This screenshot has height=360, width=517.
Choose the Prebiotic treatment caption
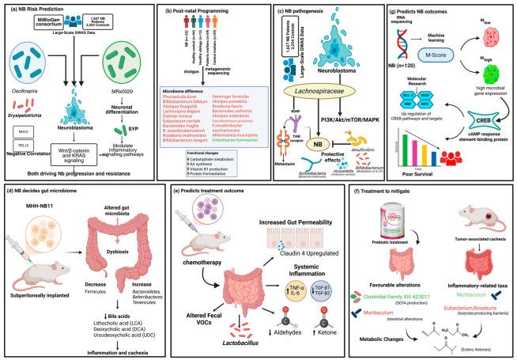(x=417, y=251)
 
